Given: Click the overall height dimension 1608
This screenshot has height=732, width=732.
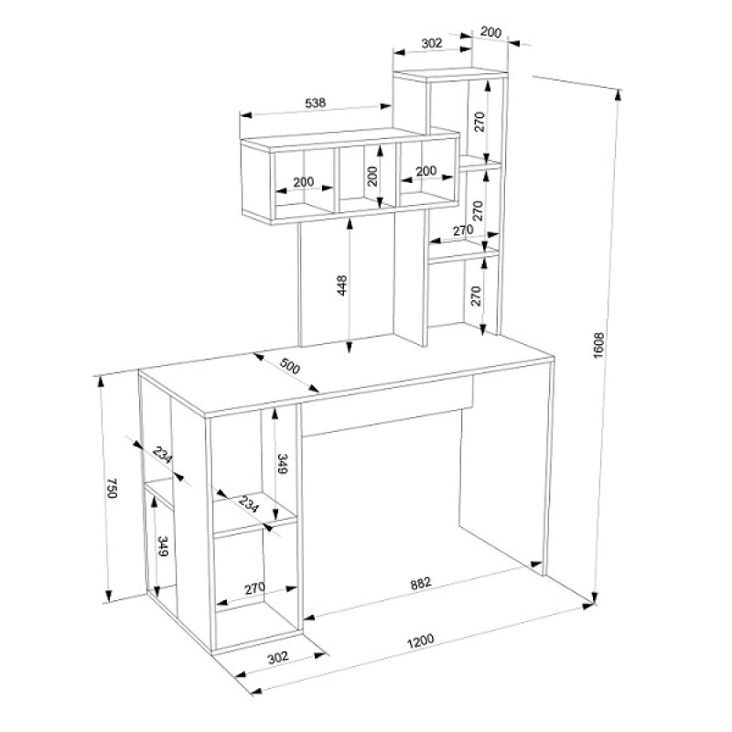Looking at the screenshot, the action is tap(599, 345).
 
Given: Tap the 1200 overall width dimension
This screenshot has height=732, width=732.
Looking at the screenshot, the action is tap(421, 641).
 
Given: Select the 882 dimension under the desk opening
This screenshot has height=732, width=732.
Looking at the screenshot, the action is tap(421, 584).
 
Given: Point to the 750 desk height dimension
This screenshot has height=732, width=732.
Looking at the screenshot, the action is tap(112, 488).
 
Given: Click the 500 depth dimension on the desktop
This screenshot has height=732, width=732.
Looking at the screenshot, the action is tap(289, 367).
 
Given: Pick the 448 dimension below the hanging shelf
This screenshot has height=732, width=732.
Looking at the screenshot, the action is tap(342, 285).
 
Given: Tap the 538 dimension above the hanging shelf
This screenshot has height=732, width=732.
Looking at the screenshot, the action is tap(315, 102).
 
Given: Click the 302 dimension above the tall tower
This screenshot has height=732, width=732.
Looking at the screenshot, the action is tap(431, 43).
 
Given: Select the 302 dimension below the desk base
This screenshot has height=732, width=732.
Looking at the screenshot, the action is tap(278, 657).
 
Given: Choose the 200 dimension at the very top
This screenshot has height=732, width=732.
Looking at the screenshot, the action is tap(490, 32).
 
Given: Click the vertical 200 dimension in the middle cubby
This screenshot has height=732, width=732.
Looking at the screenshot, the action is tap(372, 176).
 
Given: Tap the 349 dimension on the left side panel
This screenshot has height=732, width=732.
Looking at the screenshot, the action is tap(163, 546).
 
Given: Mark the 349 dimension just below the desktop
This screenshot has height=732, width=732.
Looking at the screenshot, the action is tap(283, 464).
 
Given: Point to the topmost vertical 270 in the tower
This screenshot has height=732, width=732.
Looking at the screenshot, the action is tap(480, 122).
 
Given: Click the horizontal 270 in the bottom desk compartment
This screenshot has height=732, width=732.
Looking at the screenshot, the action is tap(255, 588).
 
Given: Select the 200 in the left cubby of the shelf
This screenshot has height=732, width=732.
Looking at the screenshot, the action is tap(304, 181).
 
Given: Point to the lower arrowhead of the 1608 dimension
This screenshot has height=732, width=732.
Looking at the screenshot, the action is tap(595, 597).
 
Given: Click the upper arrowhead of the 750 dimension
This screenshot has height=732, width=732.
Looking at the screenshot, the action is tap(100, 382).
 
